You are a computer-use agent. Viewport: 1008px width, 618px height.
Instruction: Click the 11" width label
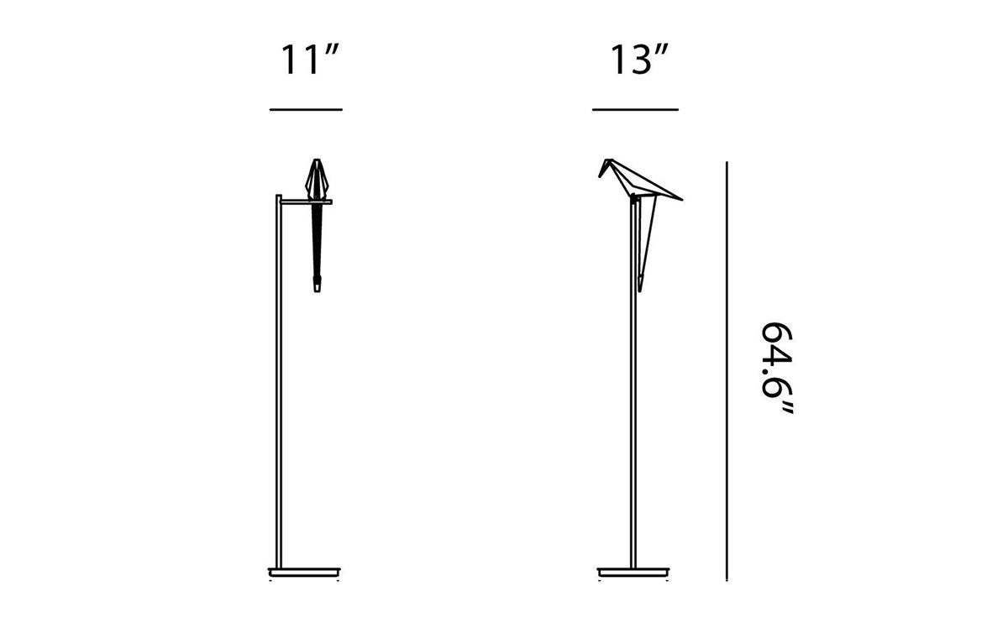(x=308, y=61)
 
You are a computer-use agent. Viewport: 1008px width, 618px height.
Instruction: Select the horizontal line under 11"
(x=306, y=110)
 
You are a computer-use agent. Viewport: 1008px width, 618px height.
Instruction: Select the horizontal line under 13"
(x=635, y=110)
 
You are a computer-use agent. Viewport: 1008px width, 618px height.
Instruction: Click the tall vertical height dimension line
(x=727, y=369)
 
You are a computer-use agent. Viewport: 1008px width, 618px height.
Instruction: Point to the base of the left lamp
(x=307, y=570)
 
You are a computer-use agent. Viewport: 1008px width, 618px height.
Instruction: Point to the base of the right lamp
(x=633, y=570)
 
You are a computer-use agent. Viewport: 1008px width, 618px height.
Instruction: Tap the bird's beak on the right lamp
(x=601, y=172)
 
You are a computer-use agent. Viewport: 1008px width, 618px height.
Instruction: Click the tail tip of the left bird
(x=319, y=291)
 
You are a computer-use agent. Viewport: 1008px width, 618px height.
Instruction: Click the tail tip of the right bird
(x=642, y=288)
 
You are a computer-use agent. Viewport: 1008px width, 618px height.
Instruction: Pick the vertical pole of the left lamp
(x=278, y=378)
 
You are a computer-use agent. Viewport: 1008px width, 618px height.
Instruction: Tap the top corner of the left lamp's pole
(x=278, y=196)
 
